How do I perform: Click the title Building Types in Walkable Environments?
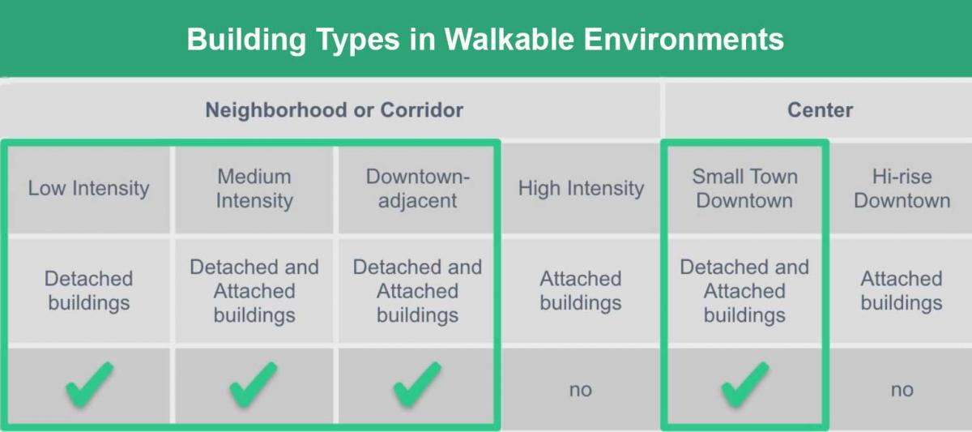pyautogui.click(x=485, y=40)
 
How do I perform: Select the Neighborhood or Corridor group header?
pyautogui.click(x=334, y=110)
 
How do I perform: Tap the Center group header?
pyautogui.click(x=820, y=110)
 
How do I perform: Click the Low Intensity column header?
pyautogui.click(x=88, y=189)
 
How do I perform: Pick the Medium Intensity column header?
pyautogui.click(x=254, y=189)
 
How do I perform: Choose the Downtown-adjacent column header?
pyautogui.click(x=418, y=189)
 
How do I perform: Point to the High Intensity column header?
pyautogui.click(x=581, y=189)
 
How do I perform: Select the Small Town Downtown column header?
pyautogui.click(x=744, y=189)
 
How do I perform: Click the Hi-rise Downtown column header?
pyautogui.click(x=902, y=189)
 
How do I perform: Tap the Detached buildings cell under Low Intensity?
pyautogui.click(x=89, y=291)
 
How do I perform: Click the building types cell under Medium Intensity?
pyautogui.click(x=254, y=291)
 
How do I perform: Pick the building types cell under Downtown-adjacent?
pyautogui.click(x=417, y=291)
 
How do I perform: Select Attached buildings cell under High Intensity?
pyautogui.click(x=581, y=291)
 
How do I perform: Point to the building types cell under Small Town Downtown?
pyautogui.click(x=744, y=291)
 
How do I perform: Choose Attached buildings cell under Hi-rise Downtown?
pyautogui.click(x=902, y=291)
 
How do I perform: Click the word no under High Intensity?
pyautogui.click(x=581, y=390)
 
